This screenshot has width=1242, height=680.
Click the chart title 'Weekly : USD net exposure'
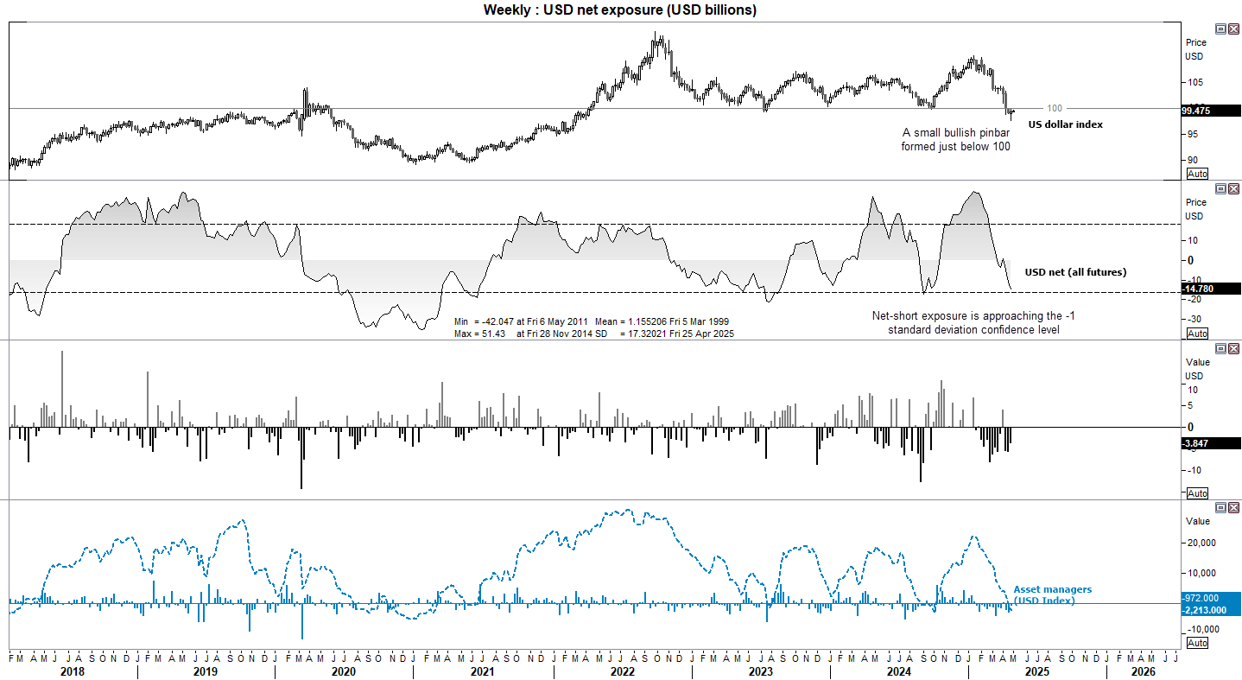[x=619, y=10]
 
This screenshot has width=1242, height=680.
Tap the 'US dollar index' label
[x=1065, y=124]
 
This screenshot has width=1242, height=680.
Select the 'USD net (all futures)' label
[x=1075, y=272]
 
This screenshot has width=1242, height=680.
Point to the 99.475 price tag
[x=1210, y=111]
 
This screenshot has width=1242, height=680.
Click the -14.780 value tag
[x=1210, y=289]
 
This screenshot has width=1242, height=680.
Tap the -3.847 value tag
[x=1210, y=442]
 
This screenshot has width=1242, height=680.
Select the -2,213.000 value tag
[x=1210, y=609]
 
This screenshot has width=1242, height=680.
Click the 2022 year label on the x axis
[x=622, y=670]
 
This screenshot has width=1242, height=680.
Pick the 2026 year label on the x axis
[x=1143, y=670]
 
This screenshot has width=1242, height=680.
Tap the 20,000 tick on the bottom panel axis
[x=1201, y=543]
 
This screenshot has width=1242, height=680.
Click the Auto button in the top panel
[x=1197, y=174]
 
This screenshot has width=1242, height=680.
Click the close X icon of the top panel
[x=1233, y=29]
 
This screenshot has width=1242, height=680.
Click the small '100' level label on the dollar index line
[x=1055, y=108]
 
